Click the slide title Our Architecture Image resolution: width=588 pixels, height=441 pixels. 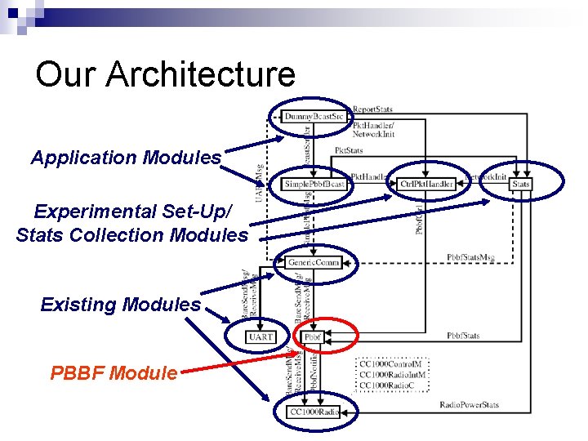165,74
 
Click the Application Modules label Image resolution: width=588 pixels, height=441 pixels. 126,158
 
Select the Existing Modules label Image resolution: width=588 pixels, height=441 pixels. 120,305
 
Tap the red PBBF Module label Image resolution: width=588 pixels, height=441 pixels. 114,373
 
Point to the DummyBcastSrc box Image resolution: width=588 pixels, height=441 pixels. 314,117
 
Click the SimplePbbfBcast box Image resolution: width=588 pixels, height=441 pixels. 315,184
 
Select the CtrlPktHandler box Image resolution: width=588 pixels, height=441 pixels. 427,185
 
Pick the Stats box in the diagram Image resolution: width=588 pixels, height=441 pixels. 520,185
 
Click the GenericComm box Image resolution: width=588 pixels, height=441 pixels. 313,262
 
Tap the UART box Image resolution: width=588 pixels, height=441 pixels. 261,336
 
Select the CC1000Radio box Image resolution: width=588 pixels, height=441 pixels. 313,412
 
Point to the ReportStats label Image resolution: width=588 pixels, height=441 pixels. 372,109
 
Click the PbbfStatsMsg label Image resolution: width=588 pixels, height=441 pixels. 471,257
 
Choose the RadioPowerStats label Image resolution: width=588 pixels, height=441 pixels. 469,404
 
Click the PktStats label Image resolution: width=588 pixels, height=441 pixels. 350,151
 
